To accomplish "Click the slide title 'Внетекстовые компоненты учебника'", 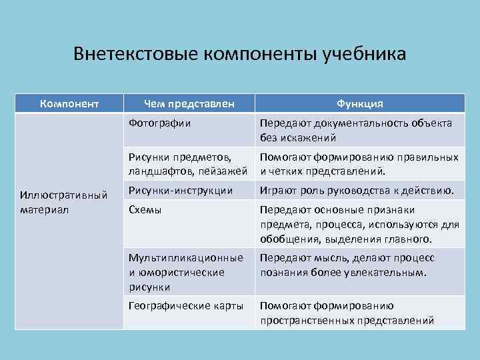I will coord(239,53).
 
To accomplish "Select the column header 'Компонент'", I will coord(69,103).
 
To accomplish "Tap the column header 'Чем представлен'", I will coord(189,103).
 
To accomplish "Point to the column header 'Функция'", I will coord(359,103).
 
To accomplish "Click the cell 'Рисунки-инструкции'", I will coord(181,191).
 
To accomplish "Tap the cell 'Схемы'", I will coord(145,209).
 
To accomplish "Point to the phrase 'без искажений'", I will coord(298,138).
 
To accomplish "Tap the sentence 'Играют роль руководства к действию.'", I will coord(357,191).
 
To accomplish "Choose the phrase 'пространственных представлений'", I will coord(347,320).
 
